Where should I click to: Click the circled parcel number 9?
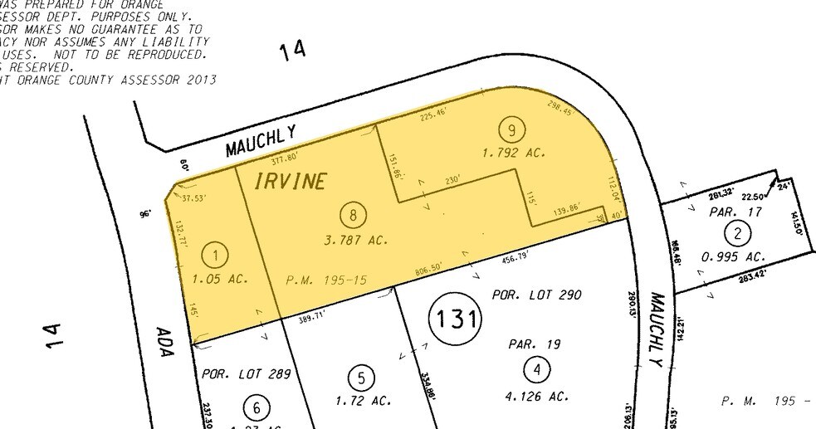pyautogui.click(x=511, y=129)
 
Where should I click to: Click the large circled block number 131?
pyautogui.click(x=455, y=317)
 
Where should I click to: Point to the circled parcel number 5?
pyautogui.click(x=361, y=378)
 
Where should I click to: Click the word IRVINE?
pyautogui.click(x=288, y=182)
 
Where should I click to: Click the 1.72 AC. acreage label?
pyautogui.click(x=364, y=402)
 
